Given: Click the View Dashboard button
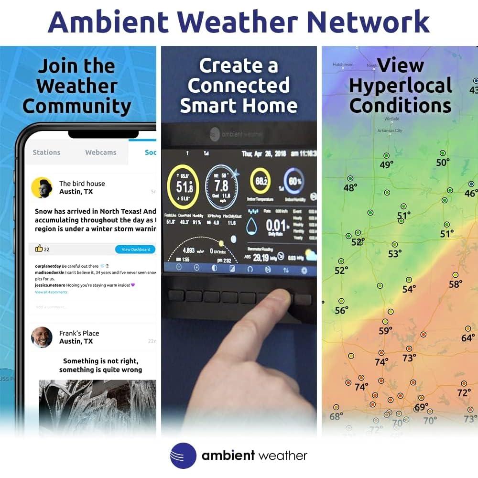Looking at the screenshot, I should point(136,250).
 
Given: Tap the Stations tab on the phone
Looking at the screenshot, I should point(46,152).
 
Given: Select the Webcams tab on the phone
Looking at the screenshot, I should point(100,152).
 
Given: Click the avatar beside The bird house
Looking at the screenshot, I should point(42,188).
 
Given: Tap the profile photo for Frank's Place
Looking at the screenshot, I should point(42,337).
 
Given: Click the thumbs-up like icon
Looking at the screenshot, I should point(39,249).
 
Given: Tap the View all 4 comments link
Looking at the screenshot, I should point(51,292).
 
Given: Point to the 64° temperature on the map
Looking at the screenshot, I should point(468,338).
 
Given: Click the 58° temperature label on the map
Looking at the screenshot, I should point(456,284).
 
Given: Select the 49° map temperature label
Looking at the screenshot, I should point(386,165).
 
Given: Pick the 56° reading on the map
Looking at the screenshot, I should point(341,310).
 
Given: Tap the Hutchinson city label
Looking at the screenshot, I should point(343,65).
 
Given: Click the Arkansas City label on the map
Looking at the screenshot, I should point(390,130).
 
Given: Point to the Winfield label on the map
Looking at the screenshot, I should point(392,119).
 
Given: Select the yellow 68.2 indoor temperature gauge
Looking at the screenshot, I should point(261,182).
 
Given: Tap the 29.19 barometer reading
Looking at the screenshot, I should point(261,258).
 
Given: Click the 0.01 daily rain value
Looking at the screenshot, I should point(276,225).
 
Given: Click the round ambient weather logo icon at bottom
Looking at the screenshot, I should point(183,456).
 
